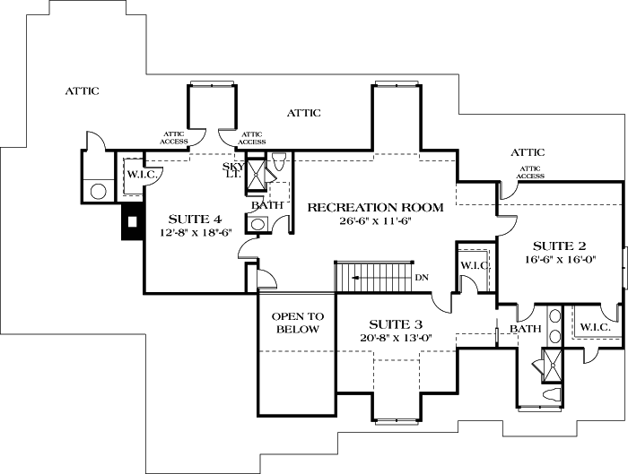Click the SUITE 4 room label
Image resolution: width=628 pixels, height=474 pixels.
pyautogui.click(x=195, y=219)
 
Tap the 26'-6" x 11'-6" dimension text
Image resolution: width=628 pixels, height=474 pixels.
pyautogui.click(x=375, y=221)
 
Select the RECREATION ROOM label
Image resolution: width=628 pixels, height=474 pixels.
pyautogui.click(x=375, y=207)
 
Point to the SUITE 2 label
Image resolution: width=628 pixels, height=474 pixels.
pyautogui.click(x=559, y=245)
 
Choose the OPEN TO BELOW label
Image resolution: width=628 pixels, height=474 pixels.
pyautogui.click(x=297, y=323)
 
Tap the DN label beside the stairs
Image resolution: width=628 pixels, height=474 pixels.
pyautogui.click(x=422, y=278)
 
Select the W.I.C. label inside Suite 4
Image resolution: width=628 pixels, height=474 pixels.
pyautogui.click(x=142, y=174)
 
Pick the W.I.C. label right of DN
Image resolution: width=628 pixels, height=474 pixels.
pyautogui.click(x=474, y=265)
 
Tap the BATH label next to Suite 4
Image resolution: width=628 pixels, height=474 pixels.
pyautogui.click(x=266, y=205)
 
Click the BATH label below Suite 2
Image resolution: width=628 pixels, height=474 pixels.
pyautogui.click(x=527, y=329)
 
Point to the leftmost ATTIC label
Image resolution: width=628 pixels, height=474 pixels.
pyautogui.click(x=82, y=90)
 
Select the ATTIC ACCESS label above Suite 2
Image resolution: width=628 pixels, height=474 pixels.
pyautogui.click(x=530, y=172)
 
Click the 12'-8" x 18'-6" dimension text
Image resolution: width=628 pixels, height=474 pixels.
pyautogui.click(x=195, y=233)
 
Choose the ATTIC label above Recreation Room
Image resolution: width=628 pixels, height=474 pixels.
pyautogui.click(x=303, y=113)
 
